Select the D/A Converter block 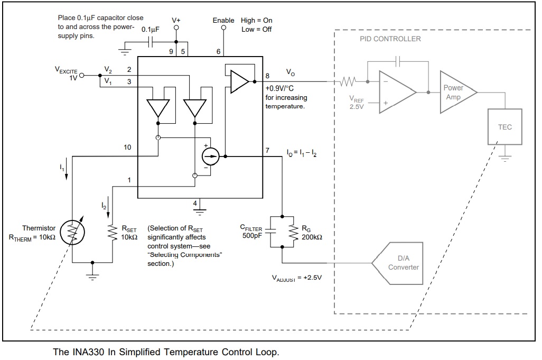tap(397, 263)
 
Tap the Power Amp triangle tap(458, 92)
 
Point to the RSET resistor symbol tap(113, 232)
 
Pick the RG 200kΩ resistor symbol tap(294, 232)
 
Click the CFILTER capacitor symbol tap(270, 232)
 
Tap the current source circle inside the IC tap(210, 156)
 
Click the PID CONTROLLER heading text tap(390, 39)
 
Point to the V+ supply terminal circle tap(176, 27)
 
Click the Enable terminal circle tap(223, 27)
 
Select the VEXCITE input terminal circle tap(82, 75)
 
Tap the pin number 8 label tap(267, 76)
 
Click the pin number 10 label tap(127, 147)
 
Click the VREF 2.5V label tap(357, 103)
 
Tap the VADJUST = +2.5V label tap(296, 278)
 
